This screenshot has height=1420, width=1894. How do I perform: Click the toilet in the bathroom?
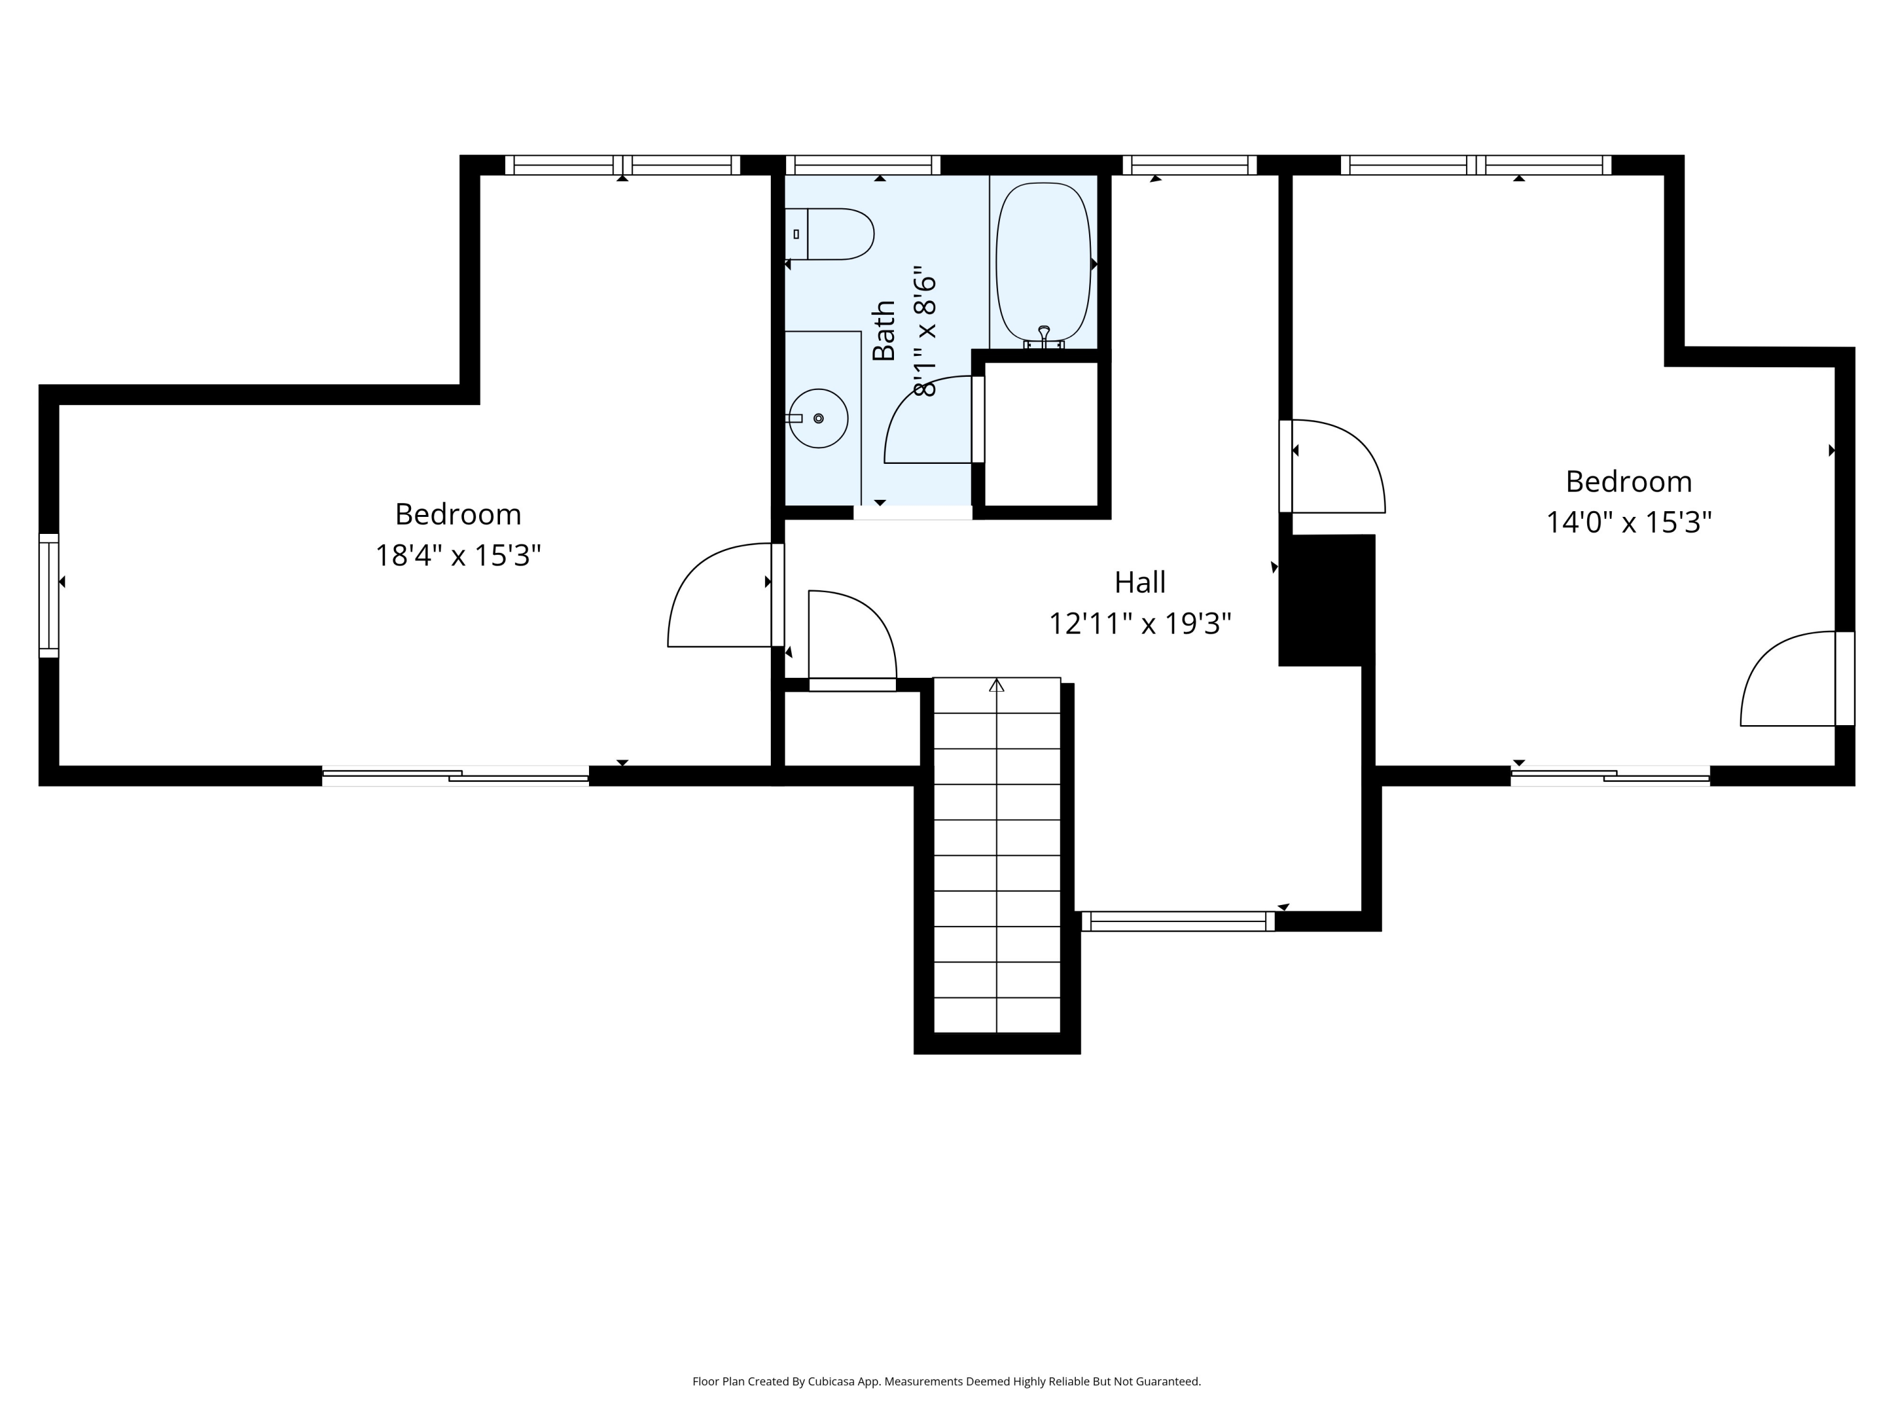[x=829, y=234]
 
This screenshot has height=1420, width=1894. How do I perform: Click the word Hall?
[x=1140, y=582]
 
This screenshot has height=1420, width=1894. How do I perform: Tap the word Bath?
[x=884, y=331]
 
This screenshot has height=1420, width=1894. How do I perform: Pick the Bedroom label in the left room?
[x=458, y=514]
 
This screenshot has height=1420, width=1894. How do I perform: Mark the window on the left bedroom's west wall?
[x=49, y=596]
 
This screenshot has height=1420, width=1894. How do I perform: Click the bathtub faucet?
[x=1044, y=336]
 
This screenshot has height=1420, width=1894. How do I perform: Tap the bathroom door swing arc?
[x=929, y=420]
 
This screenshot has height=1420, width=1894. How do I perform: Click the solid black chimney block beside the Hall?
[x=1327, y=600]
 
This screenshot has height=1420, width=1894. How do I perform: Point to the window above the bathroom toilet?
[x=863, y=165]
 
